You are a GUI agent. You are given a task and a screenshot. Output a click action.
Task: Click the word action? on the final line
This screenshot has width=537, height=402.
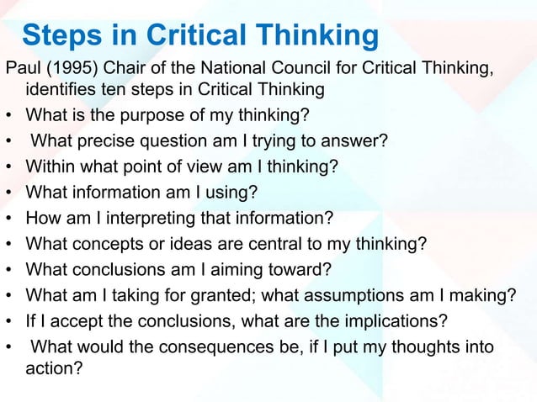click(54, 368)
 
